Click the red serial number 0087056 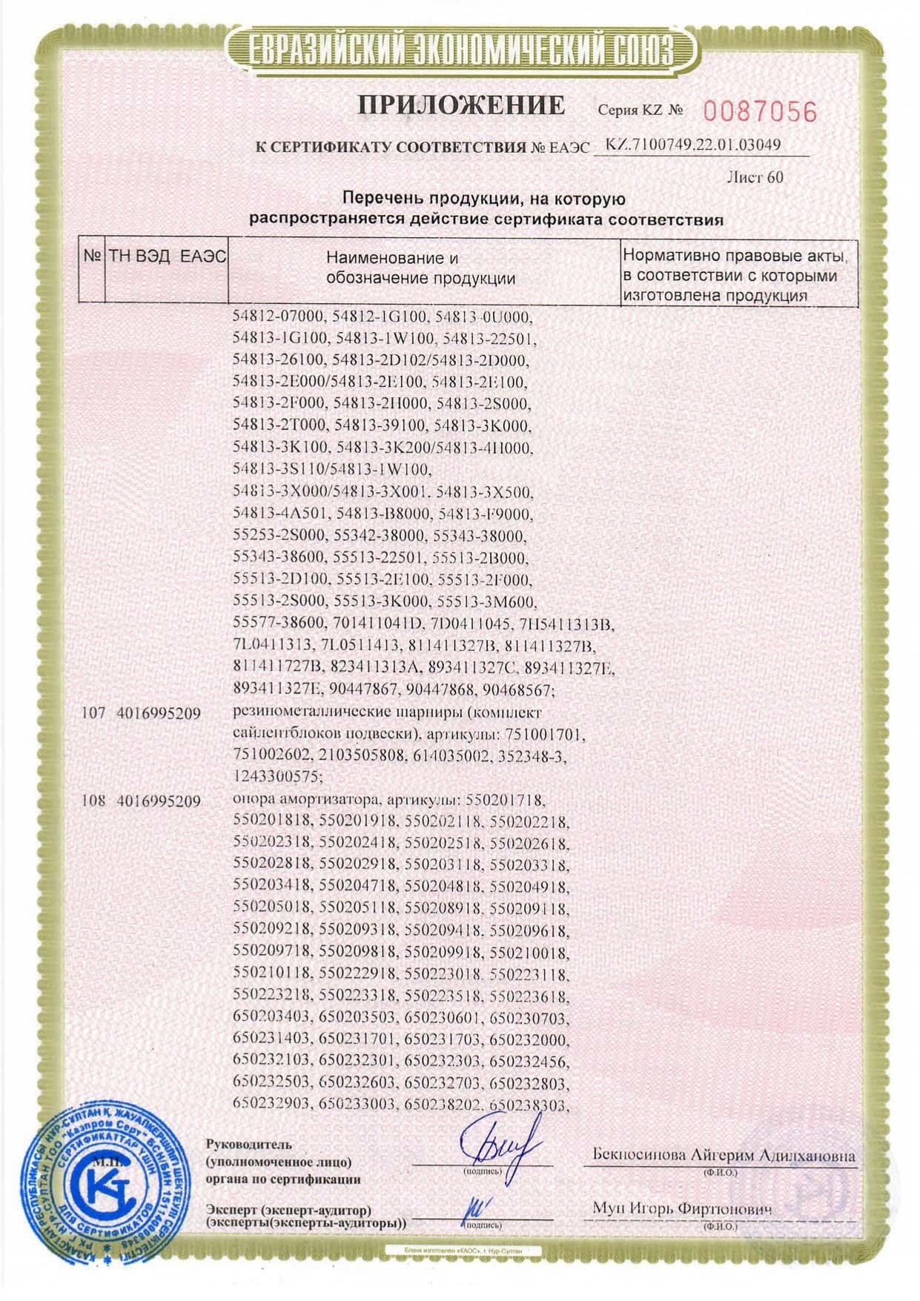tap(759, 112)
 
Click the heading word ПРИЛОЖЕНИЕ tap(461, 105)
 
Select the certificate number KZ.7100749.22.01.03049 tap(693, 145)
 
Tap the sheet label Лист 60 tap(755, 177)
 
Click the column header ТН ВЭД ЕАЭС tap(168, 256)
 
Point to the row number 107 tap(93, 713)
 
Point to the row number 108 tap(93, 801)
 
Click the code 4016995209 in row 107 tap(159, 713)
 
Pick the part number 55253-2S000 tap(274, 536)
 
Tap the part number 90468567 tap(517, 690)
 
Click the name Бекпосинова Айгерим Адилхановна tap(724, 1155)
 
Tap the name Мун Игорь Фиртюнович tap(681, 1209)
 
